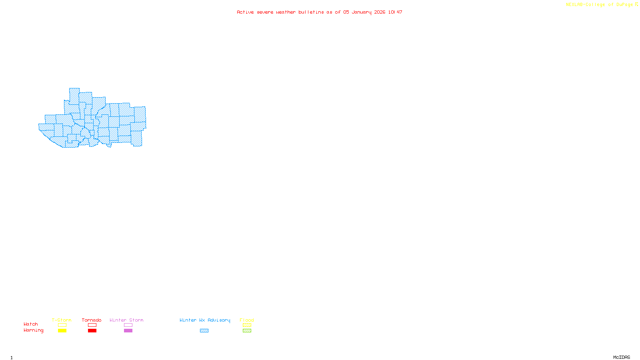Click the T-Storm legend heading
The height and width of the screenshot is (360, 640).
click(62, 320)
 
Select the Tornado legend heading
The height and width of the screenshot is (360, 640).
click(92, 320)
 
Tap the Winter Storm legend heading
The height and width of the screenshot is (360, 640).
click(126, 320)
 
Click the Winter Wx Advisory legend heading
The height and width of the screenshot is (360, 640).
click(205, 320)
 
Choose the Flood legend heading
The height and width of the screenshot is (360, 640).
click(247, 320)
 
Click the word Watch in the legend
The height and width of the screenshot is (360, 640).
click(31, 324)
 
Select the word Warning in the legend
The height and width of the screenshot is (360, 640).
click(34, 330)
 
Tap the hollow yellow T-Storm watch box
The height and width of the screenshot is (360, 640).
click(62, 325)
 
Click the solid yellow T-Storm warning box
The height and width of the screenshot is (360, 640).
click(62, 331)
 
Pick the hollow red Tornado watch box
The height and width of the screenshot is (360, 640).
click(92, 325)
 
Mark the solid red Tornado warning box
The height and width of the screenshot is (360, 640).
click(92, 331)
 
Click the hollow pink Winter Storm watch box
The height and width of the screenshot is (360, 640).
click(128, 325)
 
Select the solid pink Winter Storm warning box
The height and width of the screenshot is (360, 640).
click(128, 331)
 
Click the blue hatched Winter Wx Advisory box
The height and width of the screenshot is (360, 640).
click(204, 331)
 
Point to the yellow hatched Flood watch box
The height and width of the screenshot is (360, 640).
click(247, 325)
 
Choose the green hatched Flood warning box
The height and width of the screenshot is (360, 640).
click(247, 331)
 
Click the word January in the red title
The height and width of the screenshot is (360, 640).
click(362, 12)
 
